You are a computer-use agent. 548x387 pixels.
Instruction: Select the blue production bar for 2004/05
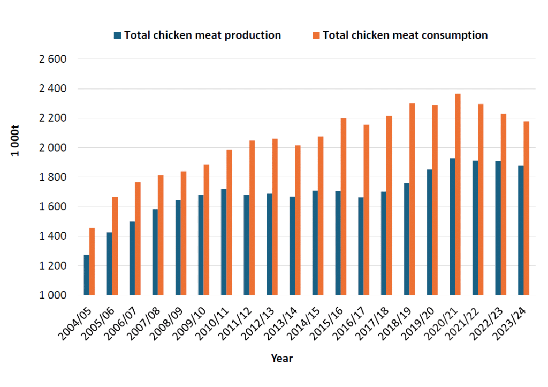[87, 274]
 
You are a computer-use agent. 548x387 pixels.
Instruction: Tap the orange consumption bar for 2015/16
[344, 206]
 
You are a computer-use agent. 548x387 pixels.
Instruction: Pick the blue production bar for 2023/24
[521, 230]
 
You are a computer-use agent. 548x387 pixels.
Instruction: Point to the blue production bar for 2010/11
[224, 241]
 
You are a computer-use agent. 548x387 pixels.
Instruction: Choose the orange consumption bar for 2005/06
[115, 246]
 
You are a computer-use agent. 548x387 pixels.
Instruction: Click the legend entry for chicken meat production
[202, 35]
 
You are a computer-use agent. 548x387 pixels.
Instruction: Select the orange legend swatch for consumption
[317, 35]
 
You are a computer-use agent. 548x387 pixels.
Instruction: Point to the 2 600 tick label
[52, 59]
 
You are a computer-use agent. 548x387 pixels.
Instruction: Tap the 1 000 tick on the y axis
[52, 295]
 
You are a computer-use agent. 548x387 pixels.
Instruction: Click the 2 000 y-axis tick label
[52, 147]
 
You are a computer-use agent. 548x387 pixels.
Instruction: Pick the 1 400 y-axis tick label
[52, 236]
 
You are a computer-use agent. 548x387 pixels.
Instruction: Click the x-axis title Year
[281, 358]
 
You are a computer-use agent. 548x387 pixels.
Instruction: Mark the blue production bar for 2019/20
[429, 232]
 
